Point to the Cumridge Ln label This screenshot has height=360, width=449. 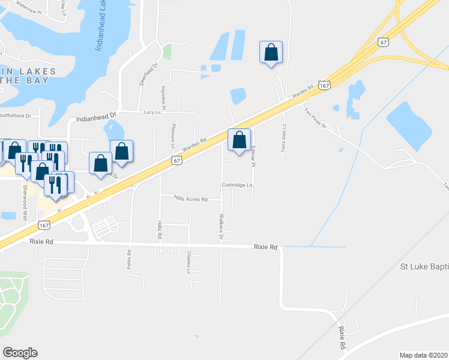(237, 185)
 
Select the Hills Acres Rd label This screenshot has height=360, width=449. (190, 199)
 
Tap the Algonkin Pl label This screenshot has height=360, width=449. (163, 95)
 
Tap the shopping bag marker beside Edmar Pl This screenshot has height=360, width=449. (239, 140)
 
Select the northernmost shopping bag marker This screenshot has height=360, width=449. (271, 52)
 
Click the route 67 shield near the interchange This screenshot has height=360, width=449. (384, 41)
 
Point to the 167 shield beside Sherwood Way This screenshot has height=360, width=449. (43, 224)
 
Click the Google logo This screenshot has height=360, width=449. (20, 353)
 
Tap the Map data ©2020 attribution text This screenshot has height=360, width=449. (423, 355)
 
